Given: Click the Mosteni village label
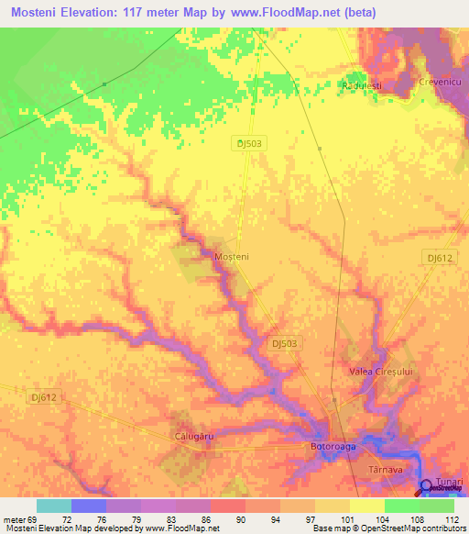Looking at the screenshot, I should pos(231,257).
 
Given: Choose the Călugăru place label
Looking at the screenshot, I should pos(194,437).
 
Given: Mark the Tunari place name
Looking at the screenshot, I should pos(451,481).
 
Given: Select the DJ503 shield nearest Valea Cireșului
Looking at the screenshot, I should pos(286,343).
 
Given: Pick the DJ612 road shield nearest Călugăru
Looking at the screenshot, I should pos(43,397).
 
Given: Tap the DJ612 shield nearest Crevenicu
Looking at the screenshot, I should pos(439,259).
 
